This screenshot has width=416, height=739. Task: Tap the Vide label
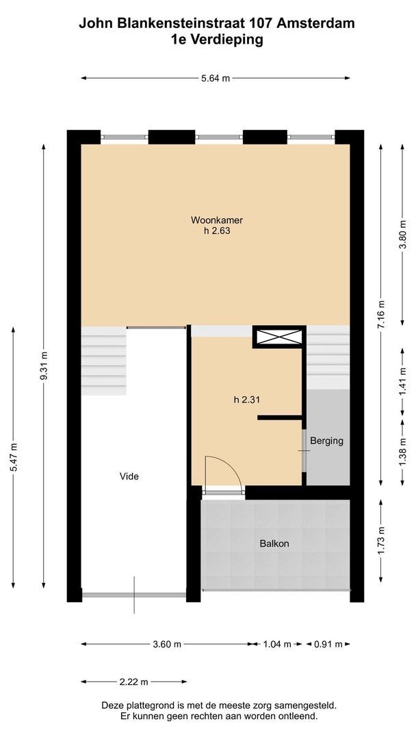pyautogui.click(x=129, y=476)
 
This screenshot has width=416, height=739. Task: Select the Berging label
pyautogui.click(x=326, y=441)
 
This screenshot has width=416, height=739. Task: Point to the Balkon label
pyautogui.click(x=274, y=544)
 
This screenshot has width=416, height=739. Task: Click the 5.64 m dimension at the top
pyautogui.click(x=216, y=79)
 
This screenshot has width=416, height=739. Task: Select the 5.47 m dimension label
pyautogui.click(x=14, y=456)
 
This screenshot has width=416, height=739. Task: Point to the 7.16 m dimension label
pyautogui.click(x=381, y=313)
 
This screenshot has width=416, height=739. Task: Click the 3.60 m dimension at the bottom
pyautogui.click(x=168, y=644)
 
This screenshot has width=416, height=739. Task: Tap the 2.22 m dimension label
pyautogui.click(x=134, y=682)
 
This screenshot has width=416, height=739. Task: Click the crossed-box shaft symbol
pyautogui.click(x=278, y=337)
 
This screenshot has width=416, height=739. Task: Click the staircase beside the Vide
pyautogui.click(x=104, y=361)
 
